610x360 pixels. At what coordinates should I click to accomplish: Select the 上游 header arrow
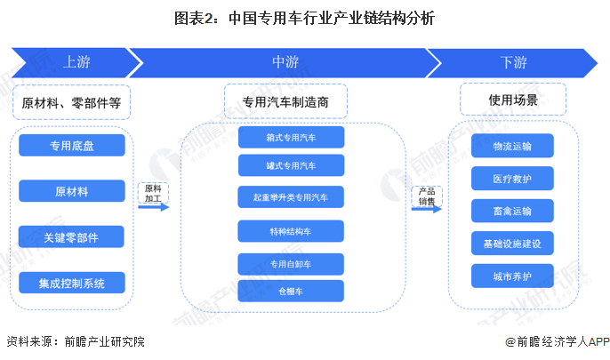point(76,62)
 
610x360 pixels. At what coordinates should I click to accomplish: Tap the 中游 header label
point(285,62)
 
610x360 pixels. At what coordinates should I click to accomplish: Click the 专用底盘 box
point(72,146)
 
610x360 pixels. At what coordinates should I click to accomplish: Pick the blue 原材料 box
point(72,191)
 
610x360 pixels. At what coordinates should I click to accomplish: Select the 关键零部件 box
point(71,236)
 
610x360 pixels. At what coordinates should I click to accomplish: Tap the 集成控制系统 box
point(72,283)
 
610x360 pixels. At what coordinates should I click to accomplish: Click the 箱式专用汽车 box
point(291,137)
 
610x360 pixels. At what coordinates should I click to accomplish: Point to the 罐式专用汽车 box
point(291,165)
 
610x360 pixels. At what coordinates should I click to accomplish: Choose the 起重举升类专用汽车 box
point(291,197)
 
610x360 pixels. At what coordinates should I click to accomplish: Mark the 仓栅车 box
point(291,291)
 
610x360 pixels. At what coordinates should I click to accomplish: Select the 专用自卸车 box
point(291,264)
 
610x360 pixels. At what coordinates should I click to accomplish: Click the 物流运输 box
point(512,146)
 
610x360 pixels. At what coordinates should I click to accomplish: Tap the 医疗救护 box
point(512,179)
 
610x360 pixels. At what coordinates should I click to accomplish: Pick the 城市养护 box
point(512,276)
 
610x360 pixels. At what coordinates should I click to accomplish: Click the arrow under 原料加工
point(154,207)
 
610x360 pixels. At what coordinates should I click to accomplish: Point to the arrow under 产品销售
point(427,209)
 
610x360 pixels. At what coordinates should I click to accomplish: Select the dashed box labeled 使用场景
point(513,100)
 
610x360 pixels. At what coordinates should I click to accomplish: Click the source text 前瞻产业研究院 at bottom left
point(105,341)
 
